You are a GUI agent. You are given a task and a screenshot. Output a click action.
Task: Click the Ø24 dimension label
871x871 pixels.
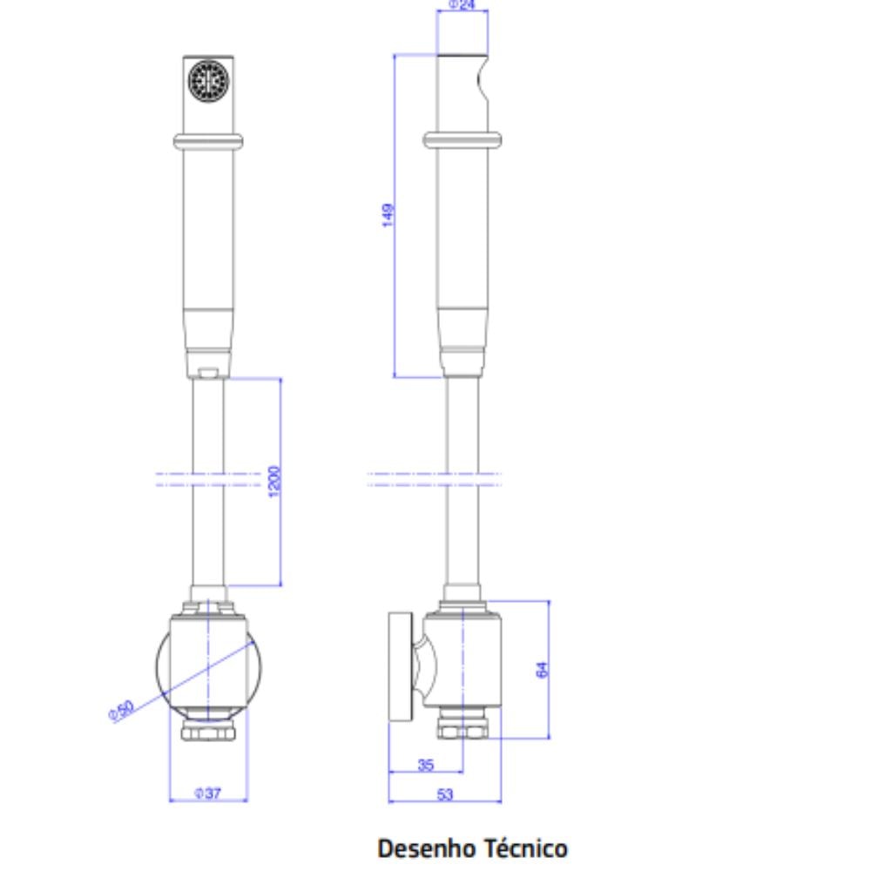click(462, 4)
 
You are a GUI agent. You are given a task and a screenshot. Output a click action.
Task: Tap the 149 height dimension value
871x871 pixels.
click(388, 215)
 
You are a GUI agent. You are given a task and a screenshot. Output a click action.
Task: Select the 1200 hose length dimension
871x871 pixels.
click(274, 482)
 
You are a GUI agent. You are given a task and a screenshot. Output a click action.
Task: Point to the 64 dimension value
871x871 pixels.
click(543, 670)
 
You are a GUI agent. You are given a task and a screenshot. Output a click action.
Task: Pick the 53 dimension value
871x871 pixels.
click(445, 794)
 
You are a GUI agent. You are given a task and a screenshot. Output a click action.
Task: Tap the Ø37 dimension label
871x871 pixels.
click(208, 793)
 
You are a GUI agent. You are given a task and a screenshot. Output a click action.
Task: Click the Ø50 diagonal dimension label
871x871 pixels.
click(121, 710)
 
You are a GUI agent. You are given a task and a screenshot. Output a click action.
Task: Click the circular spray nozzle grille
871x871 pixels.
click(208, 78)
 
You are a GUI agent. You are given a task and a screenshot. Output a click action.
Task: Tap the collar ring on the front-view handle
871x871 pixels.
click(208, 141)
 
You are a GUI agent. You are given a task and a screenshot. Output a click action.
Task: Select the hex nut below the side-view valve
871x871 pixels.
click(462, 729)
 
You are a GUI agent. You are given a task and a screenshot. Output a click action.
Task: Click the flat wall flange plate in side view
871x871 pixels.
click(400, 667)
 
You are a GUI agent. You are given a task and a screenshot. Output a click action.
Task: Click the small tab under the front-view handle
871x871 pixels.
click(208, 374)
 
